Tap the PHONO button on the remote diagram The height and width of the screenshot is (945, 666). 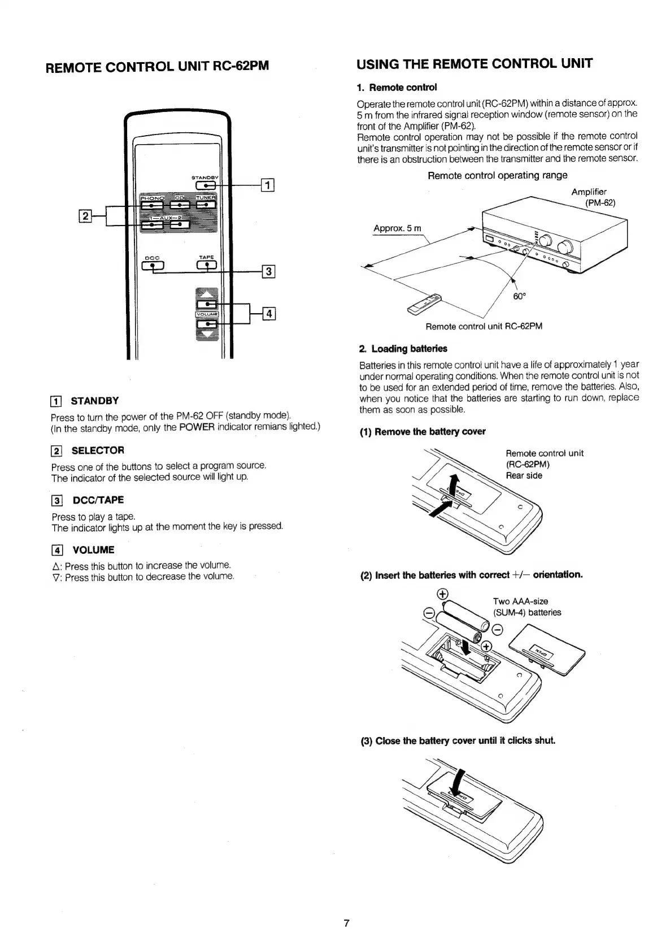(151, 205)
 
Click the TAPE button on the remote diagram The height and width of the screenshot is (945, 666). (206, 265)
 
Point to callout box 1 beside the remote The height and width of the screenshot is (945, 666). (267, 185)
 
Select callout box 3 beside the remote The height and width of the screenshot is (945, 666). (268, 272)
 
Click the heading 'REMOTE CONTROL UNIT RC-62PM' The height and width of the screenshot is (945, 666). (156, 67)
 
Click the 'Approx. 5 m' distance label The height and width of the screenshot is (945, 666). (397, 228)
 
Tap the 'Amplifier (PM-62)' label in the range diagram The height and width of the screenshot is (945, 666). (592, 197)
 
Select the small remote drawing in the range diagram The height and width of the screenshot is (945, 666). (424, 304)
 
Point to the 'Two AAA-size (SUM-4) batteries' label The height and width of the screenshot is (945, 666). (526, 606)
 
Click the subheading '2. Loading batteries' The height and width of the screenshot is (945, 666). (403, 348)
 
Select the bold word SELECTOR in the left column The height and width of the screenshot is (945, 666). (98, 450)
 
